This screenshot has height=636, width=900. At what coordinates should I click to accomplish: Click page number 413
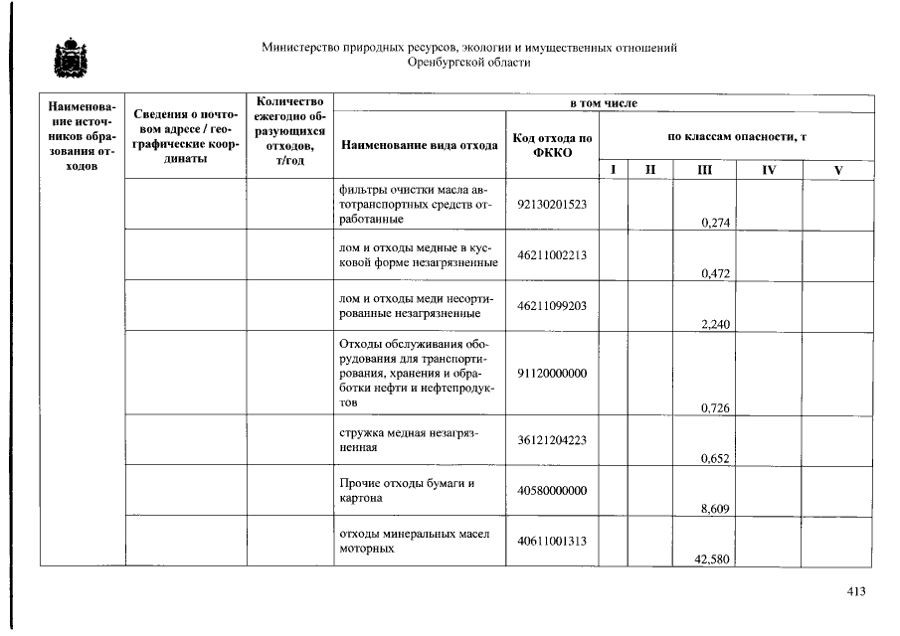[855, 591]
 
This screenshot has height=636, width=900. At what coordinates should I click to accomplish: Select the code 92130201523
[553, 204]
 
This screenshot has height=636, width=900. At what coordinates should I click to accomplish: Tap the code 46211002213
[553, 255]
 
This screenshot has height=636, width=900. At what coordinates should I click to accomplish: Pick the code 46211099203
[553, 306]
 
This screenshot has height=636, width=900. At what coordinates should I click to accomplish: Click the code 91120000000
[553, 373]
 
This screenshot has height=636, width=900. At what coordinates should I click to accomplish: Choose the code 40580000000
[553, 491]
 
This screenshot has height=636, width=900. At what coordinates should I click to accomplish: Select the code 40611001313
[553, 542]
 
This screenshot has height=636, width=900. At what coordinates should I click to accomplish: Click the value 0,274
[716, 223]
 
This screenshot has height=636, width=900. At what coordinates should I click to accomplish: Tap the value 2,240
[716, 324]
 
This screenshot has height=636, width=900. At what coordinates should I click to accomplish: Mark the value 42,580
[713, 559]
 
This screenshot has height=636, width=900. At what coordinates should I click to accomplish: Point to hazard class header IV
[769, 170]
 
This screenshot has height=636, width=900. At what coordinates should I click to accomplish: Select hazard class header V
[838, 170]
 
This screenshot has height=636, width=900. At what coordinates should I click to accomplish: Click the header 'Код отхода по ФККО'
[553, 145]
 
